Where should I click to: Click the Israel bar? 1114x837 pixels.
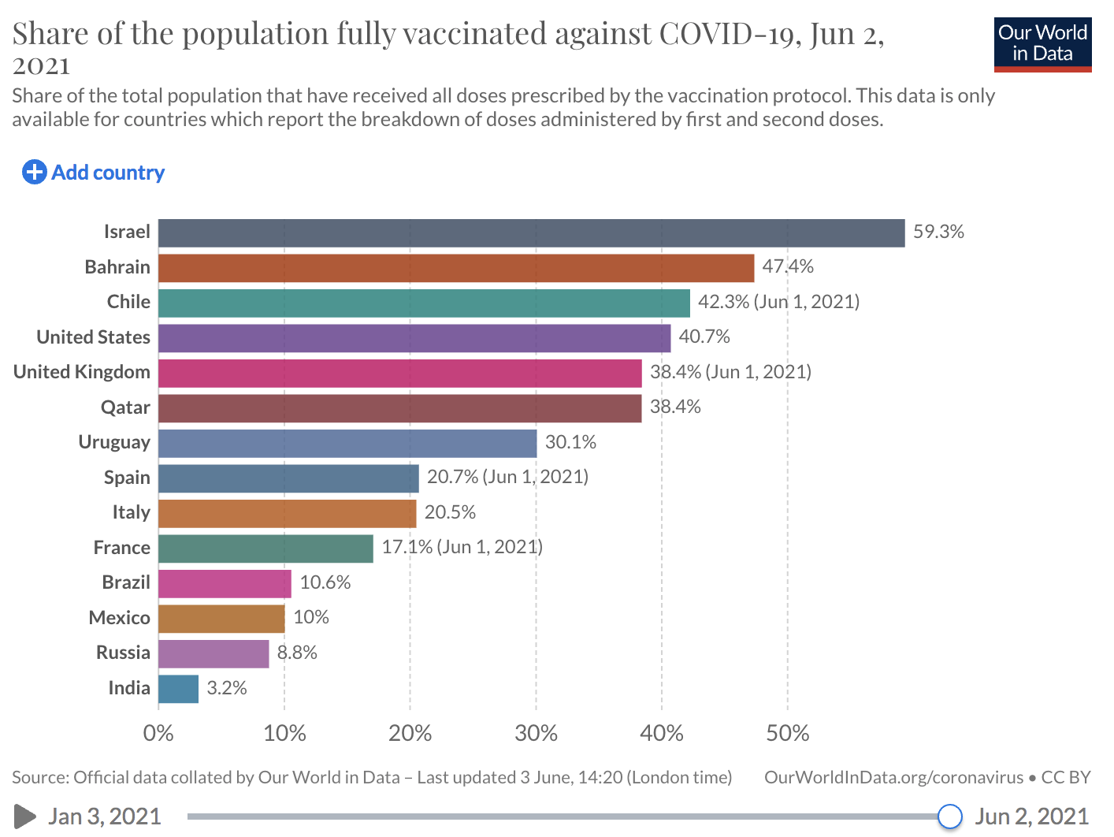pyautogui.click(x=531, y=233)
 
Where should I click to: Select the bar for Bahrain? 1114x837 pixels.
pyautogui.click(x=455, y=268)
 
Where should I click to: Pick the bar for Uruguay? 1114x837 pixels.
pyautogui.click(x=347, y=444)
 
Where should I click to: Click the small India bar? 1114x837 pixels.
pyautogui.click(x=178, y=689)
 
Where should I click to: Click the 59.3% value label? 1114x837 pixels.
pyautogui.click(x=938, y=232)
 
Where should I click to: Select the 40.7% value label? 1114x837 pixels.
pyautogui.click(x=704, y=337)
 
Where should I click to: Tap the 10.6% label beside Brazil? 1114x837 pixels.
pyautogui.click(x=325, y=582)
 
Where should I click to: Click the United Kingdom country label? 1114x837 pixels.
pyautogui.click(x=82, y=372)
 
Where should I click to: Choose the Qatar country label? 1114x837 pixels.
pyautogui.click(x=125, y=407)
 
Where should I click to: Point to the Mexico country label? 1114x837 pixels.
pyautogui.click(x=119, y=618)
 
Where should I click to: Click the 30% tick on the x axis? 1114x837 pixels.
pyautogui.click(x=536, y=734)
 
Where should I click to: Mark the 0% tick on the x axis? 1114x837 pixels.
pyautogui.click(x=158, y=734)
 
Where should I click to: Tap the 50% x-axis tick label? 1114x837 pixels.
pyautogui.click(x=787, y=734)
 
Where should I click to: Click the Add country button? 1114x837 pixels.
pyautogui.click(x=94, y=173)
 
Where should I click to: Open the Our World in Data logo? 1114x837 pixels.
pyautogui.click(x=1042, y=44)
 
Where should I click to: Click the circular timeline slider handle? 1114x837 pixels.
pyautogui.click(x=950, y=817)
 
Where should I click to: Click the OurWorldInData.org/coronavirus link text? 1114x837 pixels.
pyautogui.click(x=893, y=778)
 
